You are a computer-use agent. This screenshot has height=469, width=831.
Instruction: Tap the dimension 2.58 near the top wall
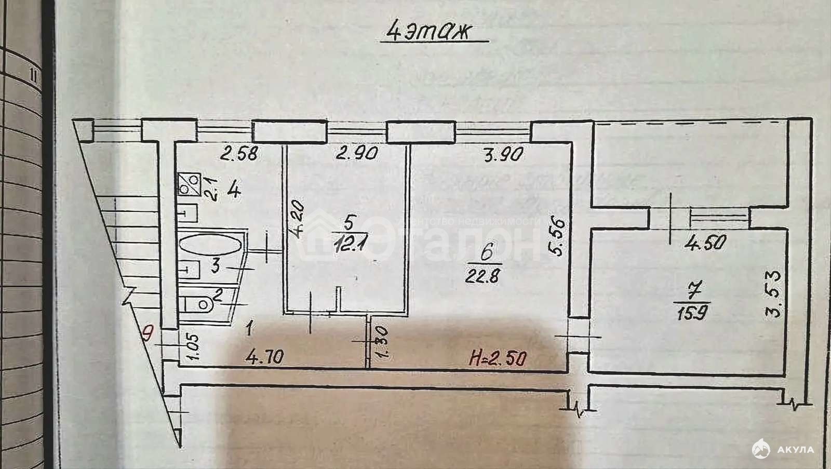[238, 154]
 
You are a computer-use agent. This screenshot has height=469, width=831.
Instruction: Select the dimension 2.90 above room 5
[356, 154]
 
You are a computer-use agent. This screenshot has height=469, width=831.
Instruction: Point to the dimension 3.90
[503, 154]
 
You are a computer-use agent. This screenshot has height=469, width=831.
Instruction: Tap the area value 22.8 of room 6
[483, 275]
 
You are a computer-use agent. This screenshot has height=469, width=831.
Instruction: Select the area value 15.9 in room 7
[691, 313]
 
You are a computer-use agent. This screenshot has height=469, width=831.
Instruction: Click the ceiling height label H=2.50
[498, 358]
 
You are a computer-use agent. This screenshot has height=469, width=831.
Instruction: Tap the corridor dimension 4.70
[265, 357]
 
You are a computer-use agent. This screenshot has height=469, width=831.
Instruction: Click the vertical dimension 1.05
[192, 347]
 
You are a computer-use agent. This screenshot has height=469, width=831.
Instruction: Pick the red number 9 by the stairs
[149, 331]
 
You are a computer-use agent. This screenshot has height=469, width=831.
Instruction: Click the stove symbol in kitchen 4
[189, 184]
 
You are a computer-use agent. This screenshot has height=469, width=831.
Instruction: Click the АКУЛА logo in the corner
[784, 449]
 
